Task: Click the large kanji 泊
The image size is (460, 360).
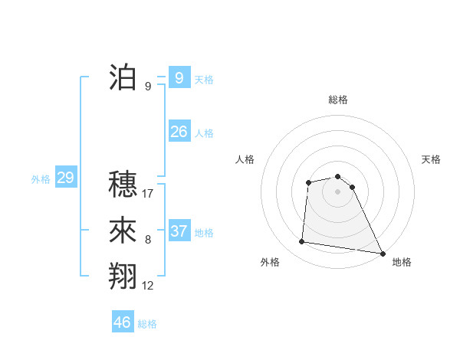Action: coord(123,77)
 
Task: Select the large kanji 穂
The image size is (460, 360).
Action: coord(123,184)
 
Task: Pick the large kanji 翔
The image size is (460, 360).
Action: coord(123,276)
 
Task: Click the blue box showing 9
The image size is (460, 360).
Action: coord(179,77)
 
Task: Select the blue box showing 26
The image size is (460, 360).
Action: coord(179,132)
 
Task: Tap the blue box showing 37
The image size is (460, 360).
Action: coord(179,231)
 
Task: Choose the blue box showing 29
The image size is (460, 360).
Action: coord(65,178)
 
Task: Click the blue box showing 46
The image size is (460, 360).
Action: coord(123,322)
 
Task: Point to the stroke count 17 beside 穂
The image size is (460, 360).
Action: coord(148,193)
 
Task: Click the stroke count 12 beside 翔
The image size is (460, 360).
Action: coord(148,286)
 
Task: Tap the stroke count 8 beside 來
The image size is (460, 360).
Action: coord(148,240)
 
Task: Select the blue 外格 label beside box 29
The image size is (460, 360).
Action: coord(41,179)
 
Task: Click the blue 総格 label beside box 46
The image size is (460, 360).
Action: coord(147,324)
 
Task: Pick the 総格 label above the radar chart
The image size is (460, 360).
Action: coord(338,100)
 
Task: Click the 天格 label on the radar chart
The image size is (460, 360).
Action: coord(432,159)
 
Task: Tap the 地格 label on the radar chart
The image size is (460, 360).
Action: coord(402,262)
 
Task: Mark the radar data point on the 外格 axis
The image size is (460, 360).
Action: coord(302,242)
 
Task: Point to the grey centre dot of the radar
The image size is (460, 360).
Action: coord(338,191)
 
